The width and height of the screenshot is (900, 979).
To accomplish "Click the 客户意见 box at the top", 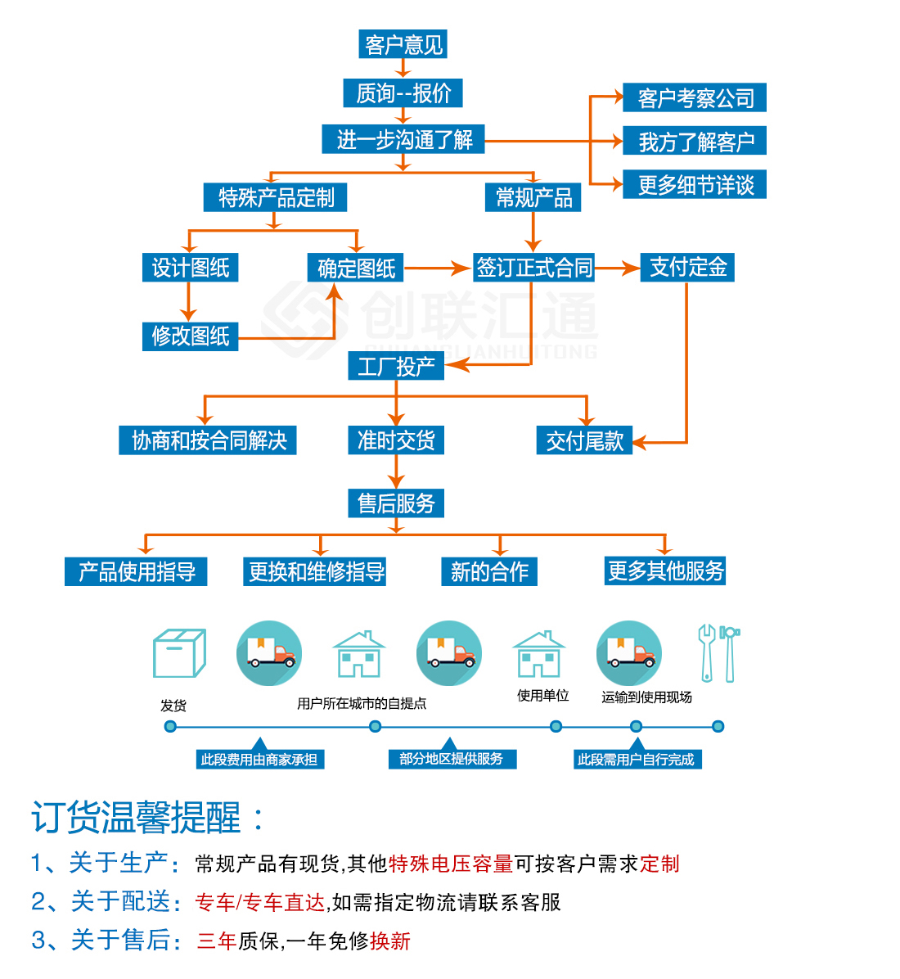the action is [x=403, y=44].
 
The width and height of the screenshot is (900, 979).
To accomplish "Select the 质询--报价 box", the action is [x=403, y=93].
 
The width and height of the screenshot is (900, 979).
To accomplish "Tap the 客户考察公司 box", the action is [x=695, y=98].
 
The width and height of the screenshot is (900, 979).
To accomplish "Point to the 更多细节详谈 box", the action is [x=695, y=185].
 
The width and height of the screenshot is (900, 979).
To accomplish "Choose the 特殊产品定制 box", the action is [x=275, y=197].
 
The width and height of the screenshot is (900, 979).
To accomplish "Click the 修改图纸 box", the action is [x=191, y=336].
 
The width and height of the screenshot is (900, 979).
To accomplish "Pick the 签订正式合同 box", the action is [x=533, y=267].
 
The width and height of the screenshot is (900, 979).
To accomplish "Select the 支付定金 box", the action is [x=687, y=267].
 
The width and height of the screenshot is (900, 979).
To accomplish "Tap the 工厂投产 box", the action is [x=396, y=366].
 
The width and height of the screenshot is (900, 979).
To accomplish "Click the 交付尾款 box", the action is [x=584, y=440].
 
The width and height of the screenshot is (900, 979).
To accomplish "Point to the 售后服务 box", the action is [x=396, y=503].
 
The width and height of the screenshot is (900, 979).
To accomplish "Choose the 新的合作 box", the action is [x=489, y=571].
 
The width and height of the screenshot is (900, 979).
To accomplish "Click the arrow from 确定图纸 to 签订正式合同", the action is [x=437, y=268].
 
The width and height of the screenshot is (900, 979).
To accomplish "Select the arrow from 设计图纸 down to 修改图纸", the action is [x=188, y=302].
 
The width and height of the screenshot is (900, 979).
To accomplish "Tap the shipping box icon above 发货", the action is [x=179, y=653].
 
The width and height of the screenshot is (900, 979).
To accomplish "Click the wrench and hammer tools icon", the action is [x=718, y=653].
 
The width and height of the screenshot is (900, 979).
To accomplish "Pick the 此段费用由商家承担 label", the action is [x=259, y=760].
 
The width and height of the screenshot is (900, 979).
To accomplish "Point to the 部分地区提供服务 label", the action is [x=452, y=759].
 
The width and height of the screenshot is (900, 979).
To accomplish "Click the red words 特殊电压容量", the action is [x=451, y=864].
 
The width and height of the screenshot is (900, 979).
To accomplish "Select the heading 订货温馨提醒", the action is [x=136, y=817].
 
